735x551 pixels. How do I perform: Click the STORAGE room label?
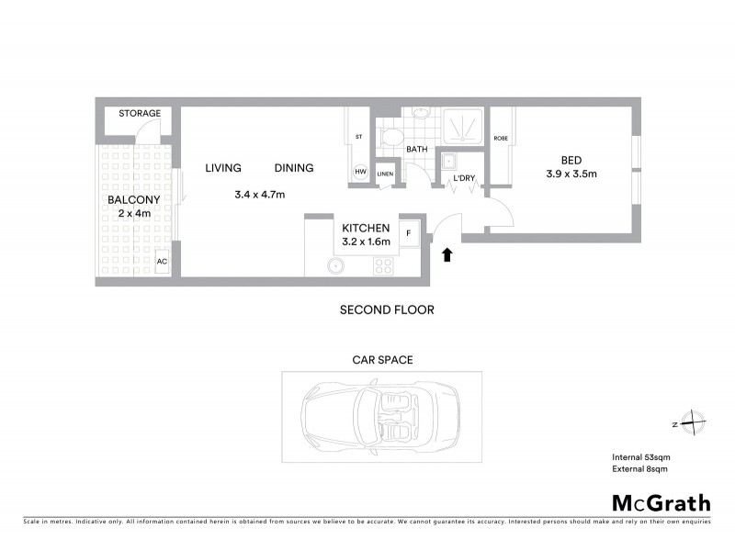140,114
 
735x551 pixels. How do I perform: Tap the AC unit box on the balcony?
163,261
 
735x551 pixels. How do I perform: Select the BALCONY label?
134,200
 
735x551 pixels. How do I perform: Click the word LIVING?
223,168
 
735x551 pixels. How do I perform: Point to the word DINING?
294,168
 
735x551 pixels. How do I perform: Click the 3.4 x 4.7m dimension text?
260,195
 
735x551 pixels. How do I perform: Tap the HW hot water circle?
360,172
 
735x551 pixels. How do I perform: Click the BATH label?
417,149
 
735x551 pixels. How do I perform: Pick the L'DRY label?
463,178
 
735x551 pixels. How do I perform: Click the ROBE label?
501,139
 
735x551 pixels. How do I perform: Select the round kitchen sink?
337,266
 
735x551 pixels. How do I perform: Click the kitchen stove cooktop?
383,266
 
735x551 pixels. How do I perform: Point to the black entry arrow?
449,253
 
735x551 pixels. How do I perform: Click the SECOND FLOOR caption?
387,310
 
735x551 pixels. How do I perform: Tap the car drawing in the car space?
381,417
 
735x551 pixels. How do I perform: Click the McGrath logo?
661,502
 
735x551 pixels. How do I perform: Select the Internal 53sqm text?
639,457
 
